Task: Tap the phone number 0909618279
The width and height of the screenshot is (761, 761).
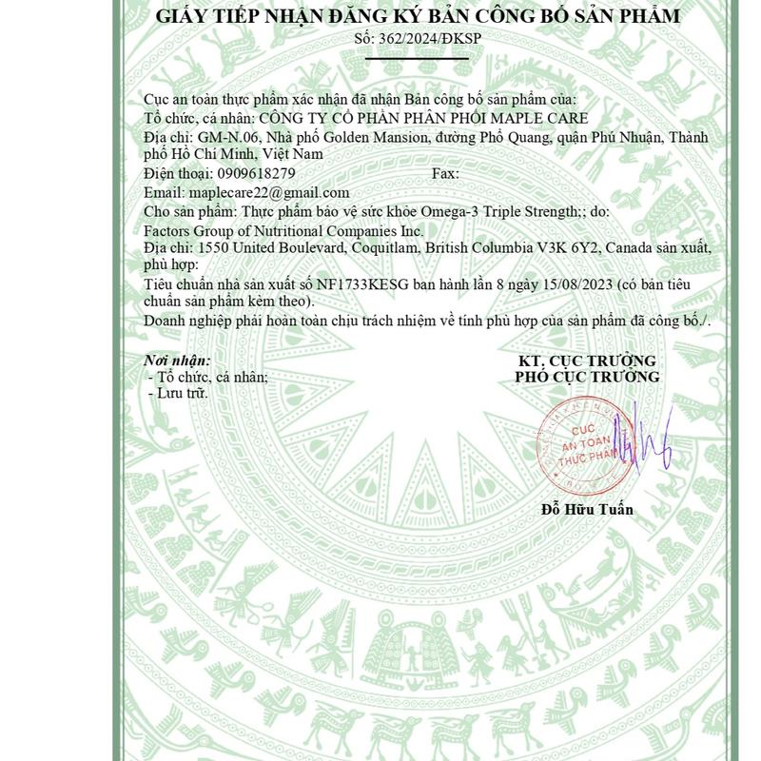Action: (x=256, y=173)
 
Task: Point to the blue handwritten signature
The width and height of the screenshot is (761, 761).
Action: (x=643, y=439)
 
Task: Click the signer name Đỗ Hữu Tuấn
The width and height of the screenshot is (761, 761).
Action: (x=587, y=509)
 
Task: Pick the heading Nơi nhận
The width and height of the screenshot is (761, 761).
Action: (x=176, y=361)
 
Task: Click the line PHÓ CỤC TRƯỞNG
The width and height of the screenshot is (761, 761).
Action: (x=587, y=377)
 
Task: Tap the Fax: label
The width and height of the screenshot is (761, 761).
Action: (x=445, y=173)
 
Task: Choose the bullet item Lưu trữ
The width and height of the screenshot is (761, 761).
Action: (x=182, y=392)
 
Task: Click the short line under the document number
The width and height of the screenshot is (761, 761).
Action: (x=418, y=59)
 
